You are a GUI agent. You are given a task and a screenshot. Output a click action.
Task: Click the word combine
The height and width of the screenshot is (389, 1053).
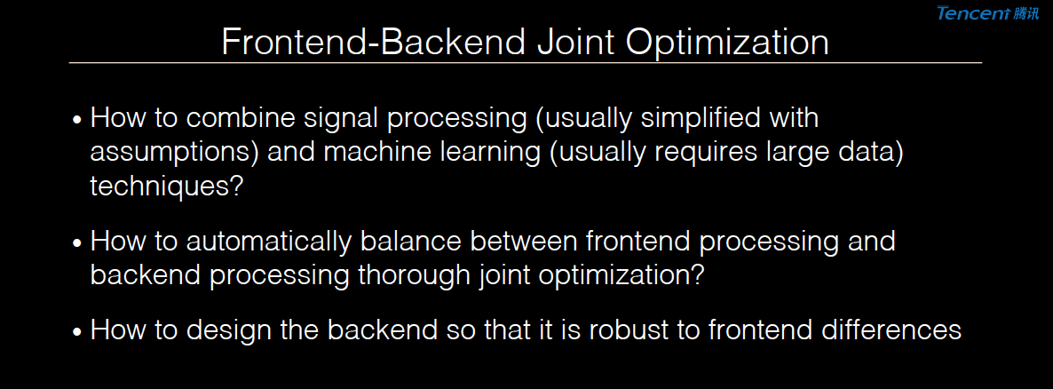(257, 118)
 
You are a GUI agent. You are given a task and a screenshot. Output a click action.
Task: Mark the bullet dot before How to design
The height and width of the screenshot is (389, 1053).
(77, 332)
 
